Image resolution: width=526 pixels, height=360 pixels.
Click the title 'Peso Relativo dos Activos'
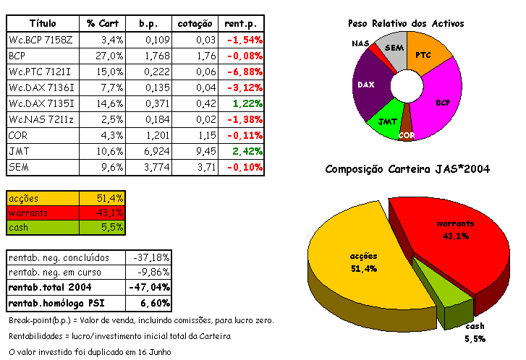pyautogui.click(x=406, y=24)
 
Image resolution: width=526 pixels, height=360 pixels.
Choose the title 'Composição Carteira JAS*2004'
pyautogui.click(x=407, y=169)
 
